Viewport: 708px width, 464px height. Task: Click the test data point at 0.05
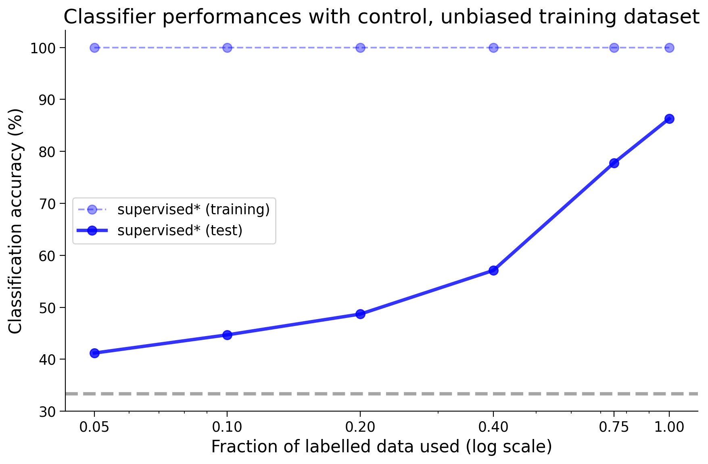[94, 353]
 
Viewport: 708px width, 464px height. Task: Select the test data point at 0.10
[227, 335]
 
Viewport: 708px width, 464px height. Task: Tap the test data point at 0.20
[360, 314]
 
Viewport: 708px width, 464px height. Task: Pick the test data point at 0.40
[493, 270]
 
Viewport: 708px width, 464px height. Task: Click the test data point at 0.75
[614, 163]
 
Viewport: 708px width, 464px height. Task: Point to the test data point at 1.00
[669, 119]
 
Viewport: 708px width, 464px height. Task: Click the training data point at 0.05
[94, 48]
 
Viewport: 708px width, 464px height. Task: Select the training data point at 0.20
[360, 48]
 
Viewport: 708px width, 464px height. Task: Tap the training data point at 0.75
[614, 48]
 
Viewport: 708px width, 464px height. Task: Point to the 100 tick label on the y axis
[42, 48]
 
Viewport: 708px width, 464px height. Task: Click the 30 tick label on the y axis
[48, 412]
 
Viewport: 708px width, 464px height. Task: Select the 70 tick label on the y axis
[48, 204]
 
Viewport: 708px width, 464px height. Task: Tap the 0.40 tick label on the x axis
[493, 427]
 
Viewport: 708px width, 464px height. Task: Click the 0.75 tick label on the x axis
[614, 427]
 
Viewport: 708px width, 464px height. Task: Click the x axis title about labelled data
[381, 447]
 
